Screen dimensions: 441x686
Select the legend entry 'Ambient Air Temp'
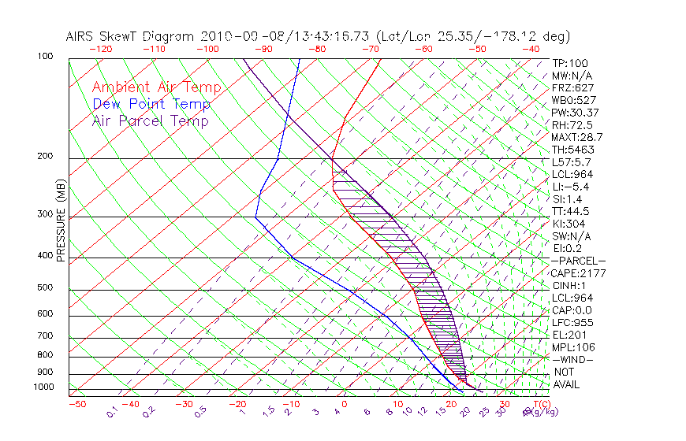tap(156, 88)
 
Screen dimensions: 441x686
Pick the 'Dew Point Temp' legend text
tap(151, 105)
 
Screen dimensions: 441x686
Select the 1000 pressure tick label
tap(44, 387)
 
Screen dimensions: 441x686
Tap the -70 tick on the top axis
tap(369, 49)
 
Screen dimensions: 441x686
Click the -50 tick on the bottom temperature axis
tap(76, 405)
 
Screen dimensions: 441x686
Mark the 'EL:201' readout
tap(567, 335)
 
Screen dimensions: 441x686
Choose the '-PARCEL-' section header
tap(578, 261)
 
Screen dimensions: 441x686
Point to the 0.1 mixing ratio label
tap(111, 412)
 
